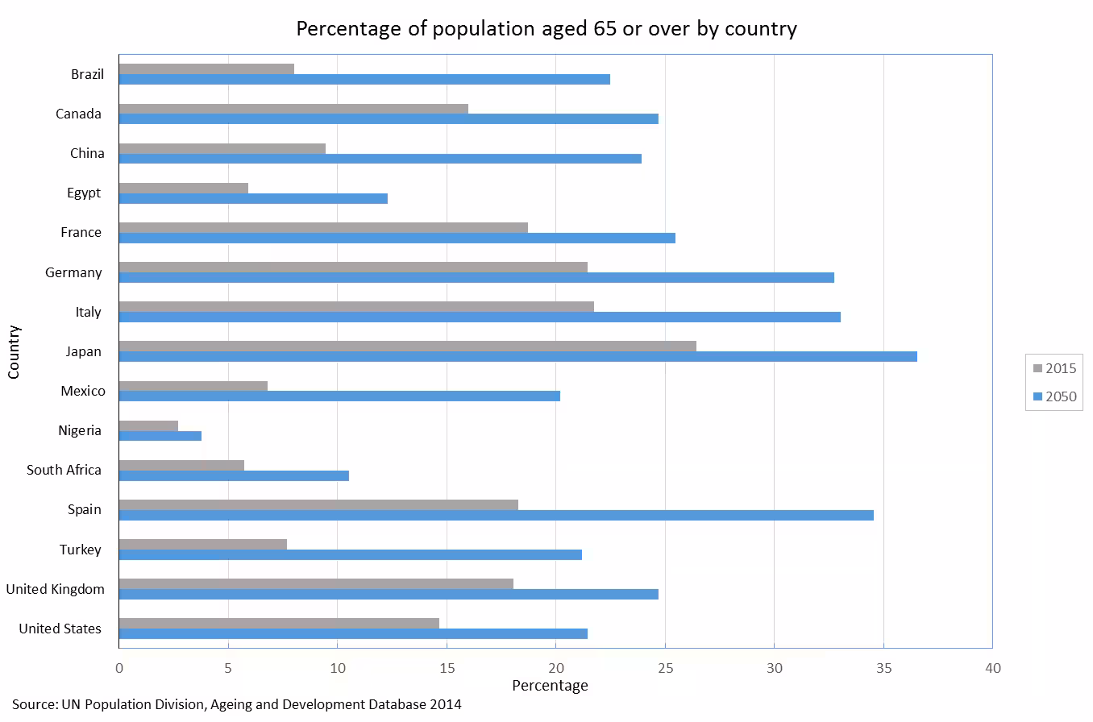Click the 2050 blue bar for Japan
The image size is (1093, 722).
517,356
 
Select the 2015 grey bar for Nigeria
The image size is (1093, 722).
148,425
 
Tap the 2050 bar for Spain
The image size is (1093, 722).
496,515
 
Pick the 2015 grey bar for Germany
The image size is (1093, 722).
353,267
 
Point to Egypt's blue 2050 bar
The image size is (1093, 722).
253,198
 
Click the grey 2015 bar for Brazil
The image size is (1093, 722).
206,69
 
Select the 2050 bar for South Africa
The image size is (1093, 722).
234,475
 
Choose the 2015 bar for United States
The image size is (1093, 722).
279,623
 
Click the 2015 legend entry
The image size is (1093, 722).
1054,369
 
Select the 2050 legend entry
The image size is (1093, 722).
1054,396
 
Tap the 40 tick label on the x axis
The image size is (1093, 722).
992,668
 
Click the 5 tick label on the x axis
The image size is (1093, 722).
228,668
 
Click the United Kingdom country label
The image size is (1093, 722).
55,589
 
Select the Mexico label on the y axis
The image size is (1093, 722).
82,391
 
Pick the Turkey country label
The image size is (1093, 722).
80,550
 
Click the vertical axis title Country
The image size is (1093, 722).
14,351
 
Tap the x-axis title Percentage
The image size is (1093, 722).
550,686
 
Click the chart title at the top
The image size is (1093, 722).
546,29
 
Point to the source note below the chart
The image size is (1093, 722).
236,704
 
